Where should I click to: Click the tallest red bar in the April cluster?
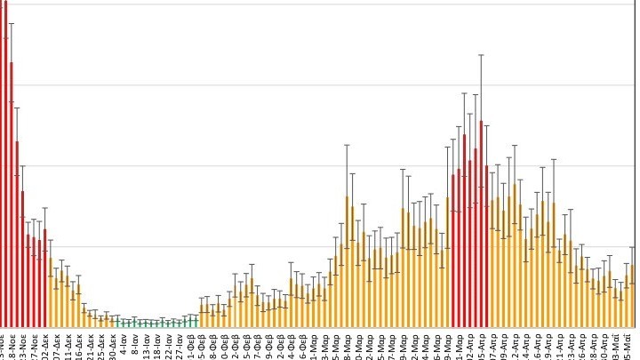[x=481, y=222]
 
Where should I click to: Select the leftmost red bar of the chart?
[x=3, y=169]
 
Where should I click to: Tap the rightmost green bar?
[x=196, y=321]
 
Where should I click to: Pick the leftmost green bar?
[x=116, y=322]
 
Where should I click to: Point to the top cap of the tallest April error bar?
[x=481, y=55]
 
